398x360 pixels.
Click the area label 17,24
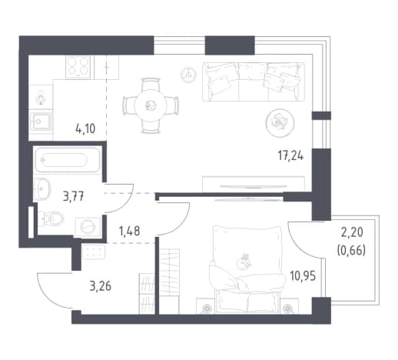click(290, 155)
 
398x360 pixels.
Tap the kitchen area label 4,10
click(85, 128)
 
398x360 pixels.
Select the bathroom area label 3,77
click(73, 197)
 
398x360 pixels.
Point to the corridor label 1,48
click(130, 231)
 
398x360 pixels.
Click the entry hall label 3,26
click(101, 286)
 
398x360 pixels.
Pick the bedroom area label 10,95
click(303, 276)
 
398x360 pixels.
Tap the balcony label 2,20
click(352, 232)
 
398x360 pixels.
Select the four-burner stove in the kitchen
click(78, 67)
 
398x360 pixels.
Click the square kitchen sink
click(41, 122)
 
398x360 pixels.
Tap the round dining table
click(151, 105)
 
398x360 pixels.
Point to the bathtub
click(68, 160)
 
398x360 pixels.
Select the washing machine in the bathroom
click(88, 227)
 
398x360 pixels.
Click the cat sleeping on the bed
click(244, 262)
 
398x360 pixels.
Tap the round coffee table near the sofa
click(280, 122)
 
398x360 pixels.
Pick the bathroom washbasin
click(42, 189)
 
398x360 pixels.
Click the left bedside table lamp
click(207, 308)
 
